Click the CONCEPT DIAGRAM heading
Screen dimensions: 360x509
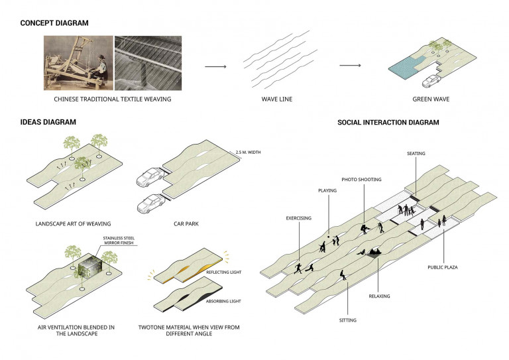(x=54, y=23)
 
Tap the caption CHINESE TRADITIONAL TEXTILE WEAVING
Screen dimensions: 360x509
(x=109, y=99)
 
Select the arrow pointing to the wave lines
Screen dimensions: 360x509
(x=215, y=66)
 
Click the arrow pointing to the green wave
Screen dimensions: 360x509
(x=351, y=66)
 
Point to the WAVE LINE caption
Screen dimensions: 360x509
(x=274, y=99)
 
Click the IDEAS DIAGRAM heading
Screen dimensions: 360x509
(x=48, y=122)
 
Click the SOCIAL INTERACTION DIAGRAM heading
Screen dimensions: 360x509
(x=388, y=122)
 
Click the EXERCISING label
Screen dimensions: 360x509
(x=299, y=217)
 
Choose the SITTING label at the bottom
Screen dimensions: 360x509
(x=348, y=320)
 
